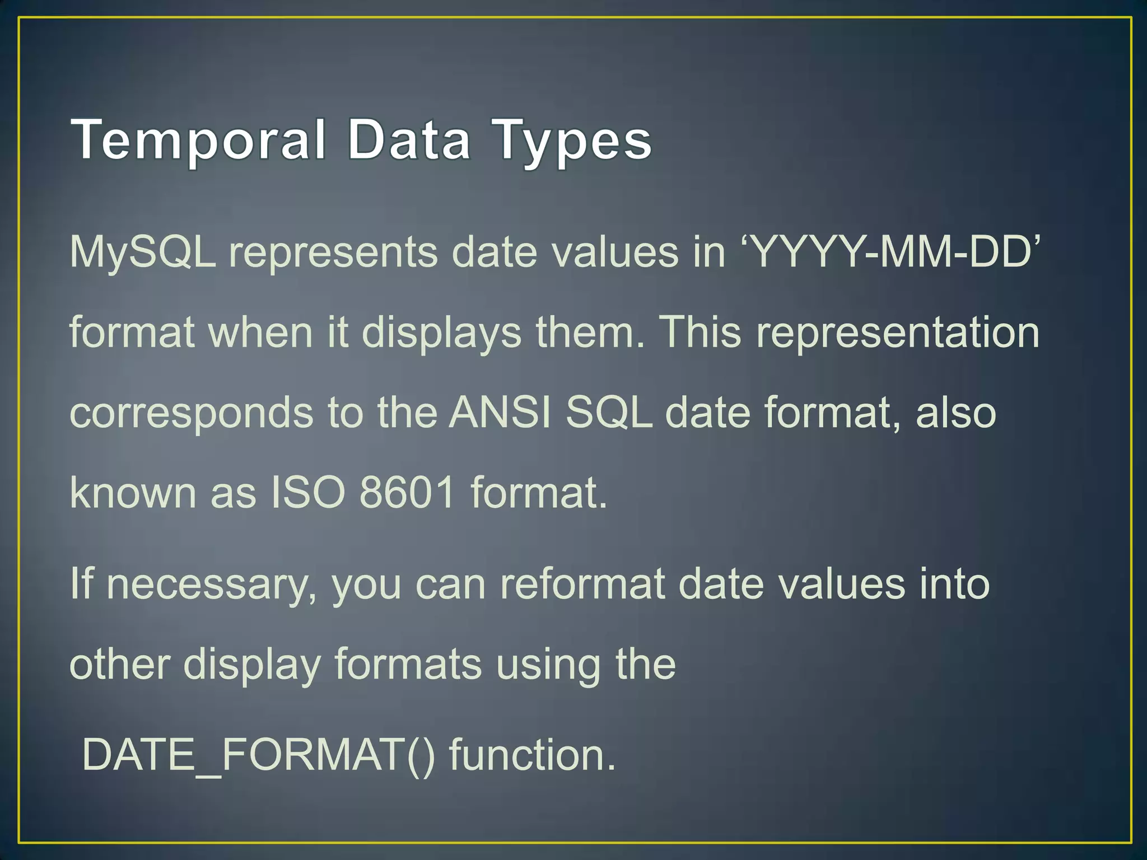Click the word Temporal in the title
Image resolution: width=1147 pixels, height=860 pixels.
[x=199, y=140]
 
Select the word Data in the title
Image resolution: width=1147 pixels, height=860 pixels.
[x=408, y=140]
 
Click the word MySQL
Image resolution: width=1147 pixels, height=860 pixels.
[x=142, y=253]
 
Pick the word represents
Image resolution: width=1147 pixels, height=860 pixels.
[x=333, y=253]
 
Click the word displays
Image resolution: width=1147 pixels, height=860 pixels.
[x=441, y=333]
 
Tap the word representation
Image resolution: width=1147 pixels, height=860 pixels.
[x=897, y=333]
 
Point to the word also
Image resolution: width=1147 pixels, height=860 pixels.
[x=955, y=413]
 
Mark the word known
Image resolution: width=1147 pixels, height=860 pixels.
[x=133, y=493]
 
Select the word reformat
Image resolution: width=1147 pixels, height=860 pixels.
[x=582, y=584]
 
